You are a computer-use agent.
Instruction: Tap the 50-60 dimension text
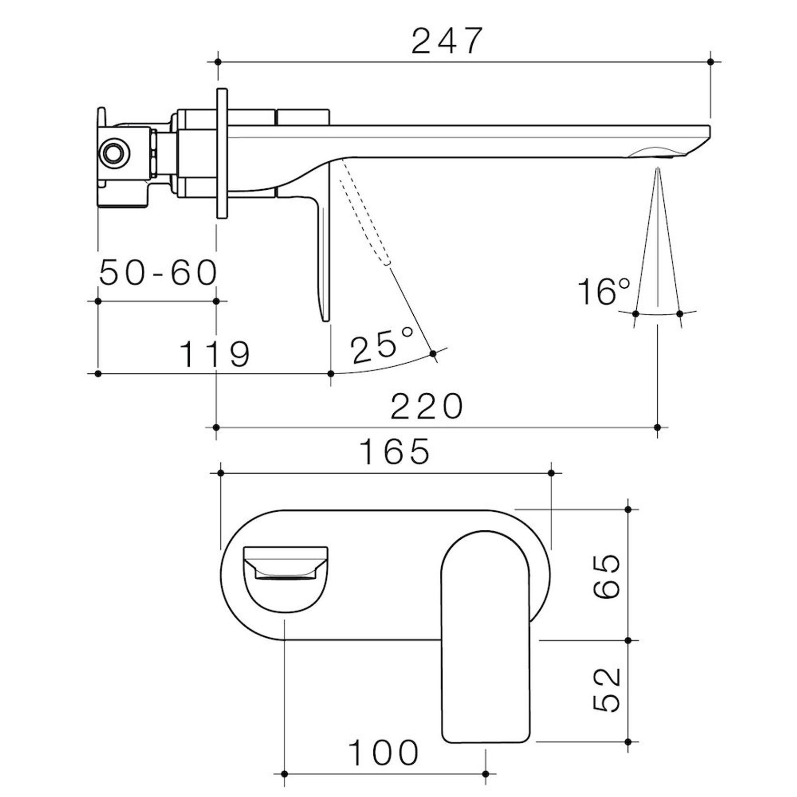pyautogui.click(x=158, y=273)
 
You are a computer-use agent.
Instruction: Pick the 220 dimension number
pyautogui.click(x=427, y=407)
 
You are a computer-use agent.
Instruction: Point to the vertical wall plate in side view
pyautogui.click(x=222, y=153)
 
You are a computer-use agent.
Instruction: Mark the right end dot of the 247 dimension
pyautogui.click(x=710, y=62)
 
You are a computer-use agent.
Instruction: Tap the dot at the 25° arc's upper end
pyautogui.click(x=433, y=353)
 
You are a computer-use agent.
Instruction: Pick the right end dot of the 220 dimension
pyautogui.click(x=658, y=427)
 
